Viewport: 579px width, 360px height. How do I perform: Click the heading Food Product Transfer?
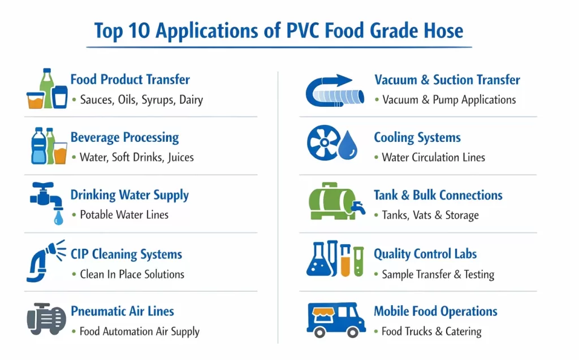pos(130,80)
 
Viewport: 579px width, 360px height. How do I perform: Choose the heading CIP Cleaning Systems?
pos(126,254)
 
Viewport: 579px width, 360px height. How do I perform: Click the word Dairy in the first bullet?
pos(191,100)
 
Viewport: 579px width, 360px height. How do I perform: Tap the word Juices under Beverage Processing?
pos(180,158)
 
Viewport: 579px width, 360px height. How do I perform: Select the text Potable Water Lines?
pos(124,215)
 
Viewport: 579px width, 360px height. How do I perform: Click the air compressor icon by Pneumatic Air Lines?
pos(46,318)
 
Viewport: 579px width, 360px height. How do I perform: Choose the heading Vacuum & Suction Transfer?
pos(447,80)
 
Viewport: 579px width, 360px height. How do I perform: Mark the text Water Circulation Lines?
pos(434,158)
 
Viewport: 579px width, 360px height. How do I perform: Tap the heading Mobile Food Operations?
pos(435,311)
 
